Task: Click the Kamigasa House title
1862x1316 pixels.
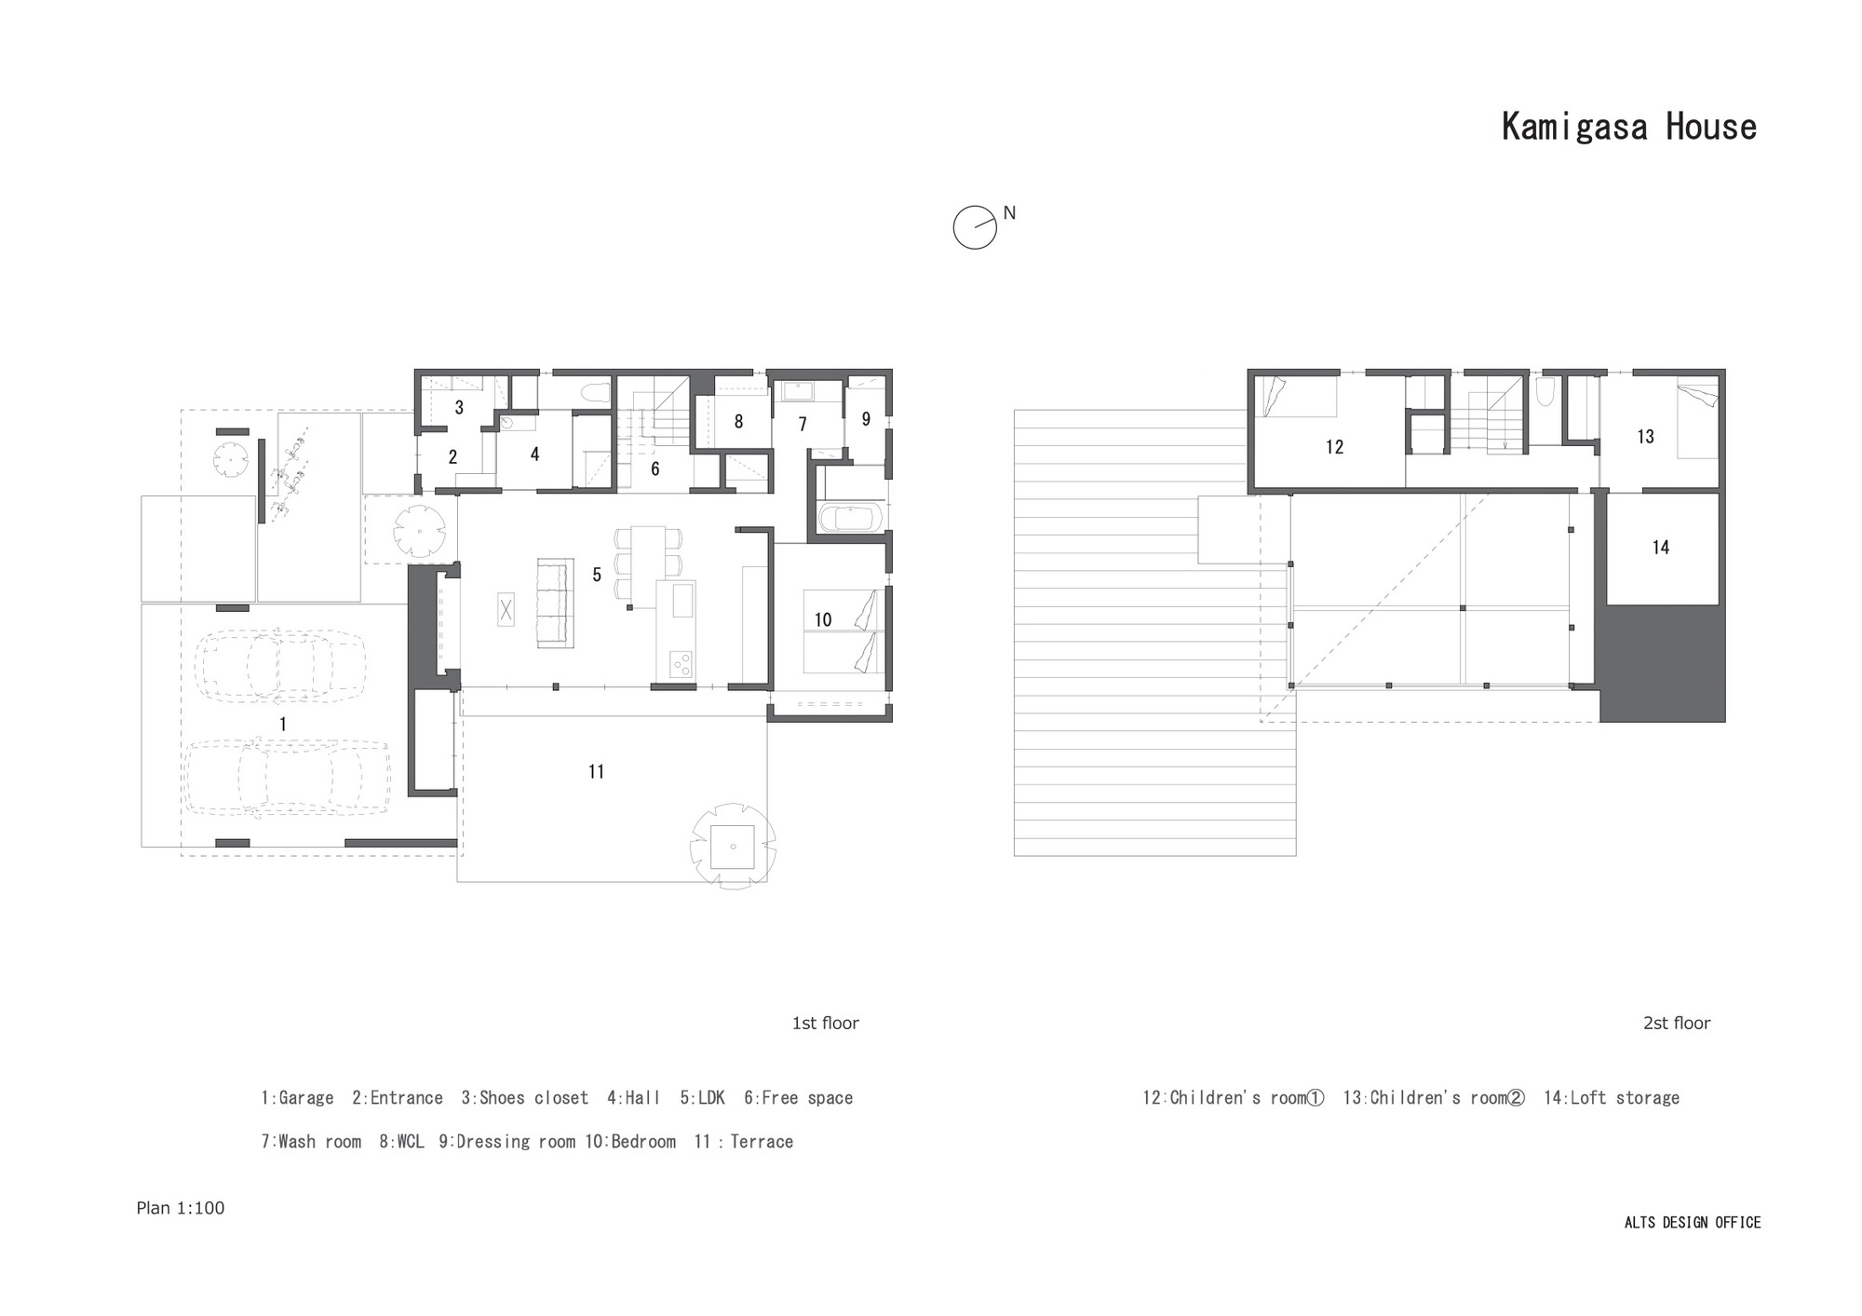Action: tap(1628, 128)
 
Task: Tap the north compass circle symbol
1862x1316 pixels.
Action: tap(974, 227)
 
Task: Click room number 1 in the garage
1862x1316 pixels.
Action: tap(283, 725)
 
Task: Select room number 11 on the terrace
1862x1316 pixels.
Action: tap(597, 771)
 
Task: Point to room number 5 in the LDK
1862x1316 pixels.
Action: tap(597, 575)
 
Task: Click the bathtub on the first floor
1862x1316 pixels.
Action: tap(849, 518)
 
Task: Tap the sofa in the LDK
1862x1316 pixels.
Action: tap(556, 603)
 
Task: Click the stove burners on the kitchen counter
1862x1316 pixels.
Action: tap(681, 663)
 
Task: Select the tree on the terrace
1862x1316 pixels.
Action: tap(733, 846)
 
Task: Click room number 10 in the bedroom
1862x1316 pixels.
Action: tap(823, 619)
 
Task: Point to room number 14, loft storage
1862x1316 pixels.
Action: tap(1661, 548)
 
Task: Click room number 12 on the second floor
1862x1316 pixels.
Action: tap(1335, 447)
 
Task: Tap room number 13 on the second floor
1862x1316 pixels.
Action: tap(1646, 436)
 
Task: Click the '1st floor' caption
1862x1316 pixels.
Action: tap(825, 1024)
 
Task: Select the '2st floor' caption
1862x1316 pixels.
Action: tap(1677, 1024)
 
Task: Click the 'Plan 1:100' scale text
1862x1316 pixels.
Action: tap(181, 1208)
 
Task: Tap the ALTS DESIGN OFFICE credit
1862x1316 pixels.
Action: tap(1693, 1223)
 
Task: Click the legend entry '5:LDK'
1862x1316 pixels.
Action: tap(702, 1098)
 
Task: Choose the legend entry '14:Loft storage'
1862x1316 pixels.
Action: tap(1612, 1098)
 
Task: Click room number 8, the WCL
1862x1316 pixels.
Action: tap(738, 422)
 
